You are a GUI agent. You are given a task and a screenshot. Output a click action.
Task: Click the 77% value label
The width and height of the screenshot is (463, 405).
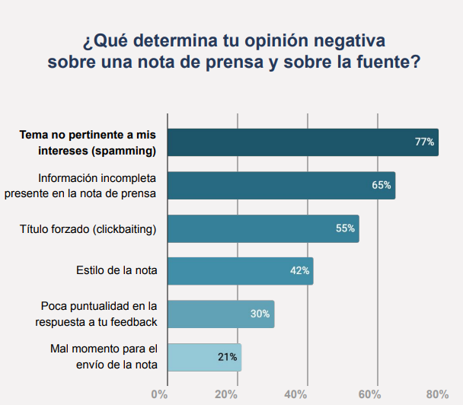[x=424, y=142]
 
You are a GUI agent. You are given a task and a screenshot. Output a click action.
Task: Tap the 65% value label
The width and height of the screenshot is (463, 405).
[x=382, y=185]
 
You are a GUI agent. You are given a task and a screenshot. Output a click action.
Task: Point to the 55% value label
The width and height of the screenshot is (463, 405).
[x=346, y=228]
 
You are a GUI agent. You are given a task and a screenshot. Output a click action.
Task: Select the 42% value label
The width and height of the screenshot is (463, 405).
[x=299, y=271]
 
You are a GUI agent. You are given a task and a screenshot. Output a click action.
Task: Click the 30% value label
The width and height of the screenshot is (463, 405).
[x=260, y=314]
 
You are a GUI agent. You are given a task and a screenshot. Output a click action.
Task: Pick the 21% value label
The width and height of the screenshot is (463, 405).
[x=228, y=356]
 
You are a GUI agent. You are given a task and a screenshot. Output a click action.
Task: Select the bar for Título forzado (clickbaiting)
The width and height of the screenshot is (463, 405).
[x=263, y=228]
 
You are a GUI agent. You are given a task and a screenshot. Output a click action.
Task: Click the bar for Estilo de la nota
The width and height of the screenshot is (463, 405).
[x=240, y=271]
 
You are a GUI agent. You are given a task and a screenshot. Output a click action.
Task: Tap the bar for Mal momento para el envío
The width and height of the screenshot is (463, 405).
[x=204, y=356]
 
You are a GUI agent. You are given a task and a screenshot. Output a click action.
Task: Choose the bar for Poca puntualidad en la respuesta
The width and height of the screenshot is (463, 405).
[x=220, y=314]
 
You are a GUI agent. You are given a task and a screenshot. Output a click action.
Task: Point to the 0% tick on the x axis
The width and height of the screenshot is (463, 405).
[x=159, y=394]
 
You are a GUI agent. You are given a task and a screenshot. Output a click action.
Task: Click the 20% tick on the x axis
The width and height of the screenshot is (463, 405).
[x=225, y=394]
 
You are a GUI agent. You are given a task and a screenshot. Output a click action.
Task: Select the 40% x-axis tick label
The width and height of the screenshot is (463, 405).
[x=295, y=394]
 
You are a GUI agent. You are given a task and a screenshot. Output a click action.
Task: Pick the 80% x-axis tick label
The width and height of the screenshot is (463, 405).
[x=437, y=394]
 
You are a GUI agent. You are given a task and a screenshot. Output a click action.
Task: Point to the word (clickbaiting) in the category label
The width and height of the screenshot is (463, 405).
[x=123, y=228]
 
